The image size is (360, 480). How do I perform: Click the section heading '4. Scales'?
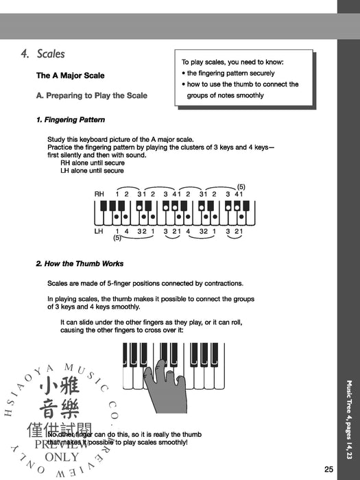[43, 53]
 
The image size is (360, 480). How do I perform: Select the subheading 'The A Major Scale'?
[70, 75]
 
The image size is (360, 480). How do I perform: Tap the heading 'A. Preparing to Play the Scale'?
[91, 95]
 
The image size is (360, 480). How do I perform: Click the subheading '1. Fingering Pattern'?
[70, 120]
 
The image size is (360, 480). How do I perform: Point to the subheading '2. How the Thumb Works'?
[80, 263]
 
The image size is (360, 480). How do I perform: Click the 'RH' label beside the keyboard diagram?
[99, 194]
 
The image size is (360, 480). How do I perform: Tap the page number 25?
[328, 469]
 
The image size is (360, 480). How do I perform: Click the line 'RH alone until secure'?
[92, 163]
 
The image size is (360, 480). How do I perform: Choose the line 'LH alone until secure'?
[92, 171]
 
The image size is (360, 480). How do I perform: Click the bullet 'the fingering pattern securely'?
[230, 73]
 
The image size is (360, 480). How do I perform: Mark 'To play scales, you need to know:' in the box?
[232, 62]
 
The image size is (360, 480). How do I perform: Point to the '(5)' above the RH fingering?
[241, 187]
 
